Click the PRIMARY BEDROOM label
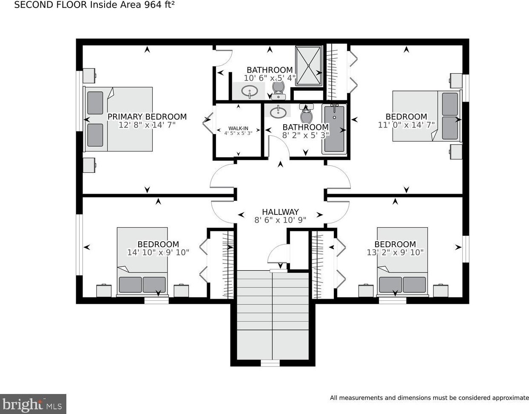[x=147, y=117]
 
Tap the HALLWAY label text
[x=280, y=211]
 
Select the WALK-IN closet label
[x=238, y=128]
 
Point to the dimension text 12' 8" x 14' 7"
[x=147, y=125]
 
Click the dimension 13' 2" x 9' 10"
[x=395, y=252]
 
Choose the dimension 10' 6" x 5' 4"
[x=270, y=78]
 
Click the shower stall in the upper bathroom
[x=309, y=66]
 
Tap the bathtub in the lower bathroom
[x=335, y=129]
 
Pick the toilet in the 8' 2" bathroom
[x=307, y=114]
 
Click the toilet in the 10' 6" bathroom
[x=279, y=90]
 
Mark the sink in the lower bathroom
[x=278, y=112]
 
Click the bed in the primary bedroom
[x=118, y=119]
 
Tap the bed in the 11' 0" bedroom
[x=427, y=116]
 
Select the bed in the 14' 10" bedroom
[x=142, y=262]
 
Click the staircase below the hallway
[x=273, y=315]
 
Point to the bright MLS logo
[x=33, y=405]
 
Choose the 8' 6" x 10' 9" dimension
[x=280, y=220]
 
